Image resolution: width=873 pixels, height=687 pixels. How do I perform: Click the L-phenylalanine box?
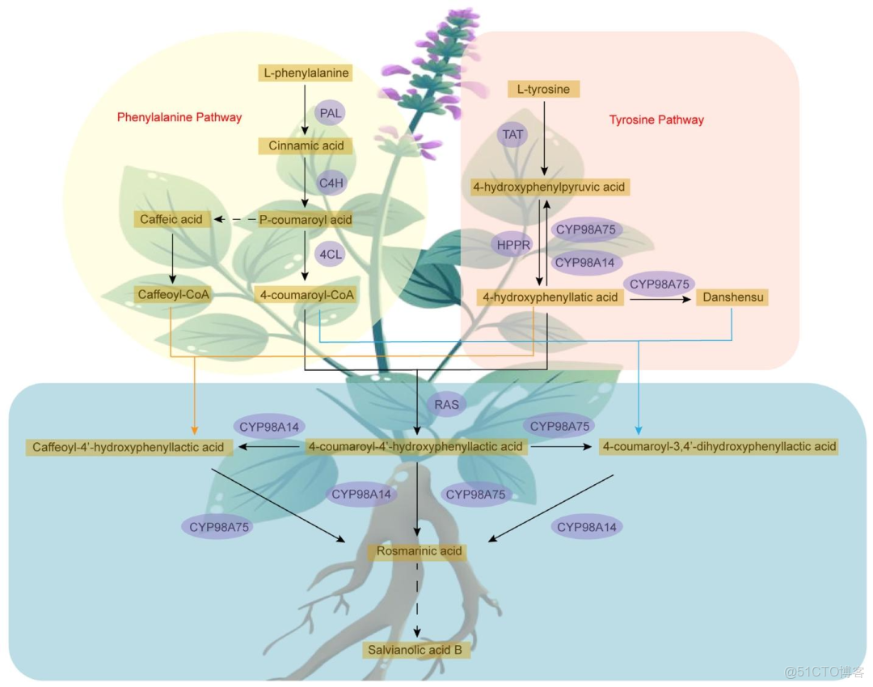[306, 73]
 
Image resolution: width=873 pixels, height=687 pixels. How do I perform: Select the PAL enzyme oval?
[330, 113]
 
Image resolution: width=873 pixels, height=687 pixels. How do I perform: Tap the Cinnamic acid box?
[306, 146]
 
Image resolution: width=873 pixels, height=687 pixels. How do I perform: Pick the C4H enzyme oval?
[331, 183]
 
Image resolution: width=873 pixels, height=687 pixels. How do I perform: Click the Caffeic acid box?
[172, 219]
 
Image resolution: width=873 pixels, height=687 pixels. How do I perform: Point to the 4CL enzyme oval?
[331, 253]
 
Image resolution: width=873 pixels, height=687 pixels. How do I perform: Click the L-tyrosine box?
[544, 89]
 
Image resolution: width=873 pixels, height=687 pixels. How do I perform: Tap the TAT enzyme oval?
[513, 134]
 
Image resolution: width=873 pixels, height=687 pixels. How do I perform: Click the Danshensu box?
[732, 297]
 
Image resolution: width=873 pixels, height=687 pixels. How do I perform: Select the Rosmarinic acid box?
[418, 551]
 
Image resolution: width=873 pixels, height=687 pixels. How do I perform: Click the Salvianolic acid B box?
[416, 648]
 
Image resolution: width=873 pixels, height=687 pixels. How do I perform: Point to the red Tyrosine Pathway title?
[656, 120]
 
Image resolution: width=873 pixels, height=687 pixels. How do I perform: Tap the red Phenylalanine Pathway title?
[179, 117]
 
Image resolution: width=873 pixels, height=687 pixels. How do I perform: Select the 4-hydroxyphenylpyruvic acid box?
[549, 187]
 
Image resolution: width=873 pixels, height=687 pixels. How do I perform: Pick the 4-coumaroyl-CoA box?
[305, 294]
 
